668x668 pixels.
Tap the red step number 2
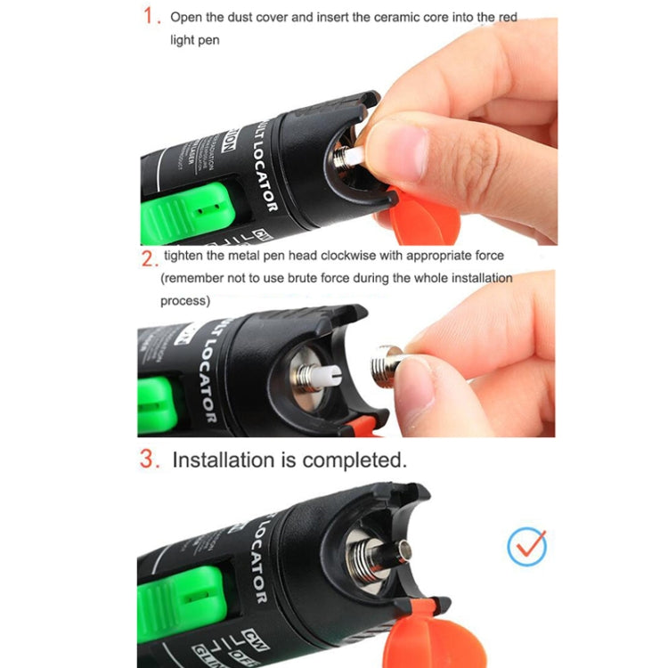pyautogui.click(x=148, y=257)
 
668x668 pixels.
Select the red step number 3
pyautogui.click(x=150, y=460)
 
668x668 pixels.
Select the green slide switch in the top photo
pyautogui.click(x=186, y=208)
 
